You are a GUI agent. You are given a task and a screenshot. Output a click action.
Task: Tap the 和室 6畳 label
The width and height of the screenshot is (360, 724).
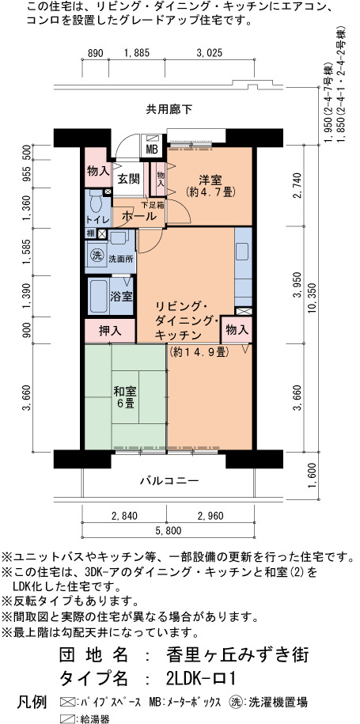[124, 396]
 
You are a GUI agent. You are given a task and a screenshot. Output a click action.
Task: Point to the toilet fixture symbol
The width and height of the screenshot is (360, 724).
[97, 202]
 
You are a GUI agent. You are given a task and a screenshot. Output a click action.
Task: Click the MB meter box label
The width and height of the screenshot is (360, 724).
[152, 149]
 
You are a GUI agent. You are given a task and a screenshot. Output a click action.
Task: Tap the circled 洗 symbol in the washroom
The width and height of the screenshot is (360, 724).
[96, 255]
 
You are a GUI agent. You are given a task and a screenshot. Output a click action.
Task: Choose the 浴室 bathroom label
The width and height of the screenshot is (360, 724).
[121, 296]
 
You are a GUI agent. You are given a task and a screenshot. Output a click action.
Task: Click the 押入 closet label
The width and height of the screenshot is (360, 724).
[110, 331]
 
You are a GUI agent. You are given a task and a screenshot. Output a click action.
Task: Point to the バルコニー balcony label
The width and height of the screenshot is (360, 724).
[169, 480]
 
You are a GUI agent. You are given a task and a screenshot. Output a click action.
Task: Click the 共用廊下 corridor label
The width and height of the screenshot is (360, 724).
[169, 110]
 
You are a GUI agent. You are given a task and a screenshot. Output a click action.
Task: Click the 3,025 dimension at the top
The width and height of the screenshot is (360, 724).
[209, 53]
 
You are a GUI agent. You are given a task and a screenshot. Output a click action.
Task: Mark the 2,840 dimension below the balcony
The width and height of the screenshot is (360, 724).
[123, 515]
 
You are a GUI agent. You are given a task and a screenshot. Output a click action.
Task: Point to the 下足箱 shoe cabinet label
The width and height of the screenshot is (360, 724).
[152, 204]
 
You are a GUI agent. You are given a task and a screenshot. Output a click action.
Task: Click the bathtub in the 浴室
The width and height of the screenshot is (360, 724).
[98, 296]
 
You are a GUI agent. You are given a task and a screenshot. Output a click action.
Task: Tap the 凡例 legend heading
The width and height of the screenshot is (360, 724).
[32, 703]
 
